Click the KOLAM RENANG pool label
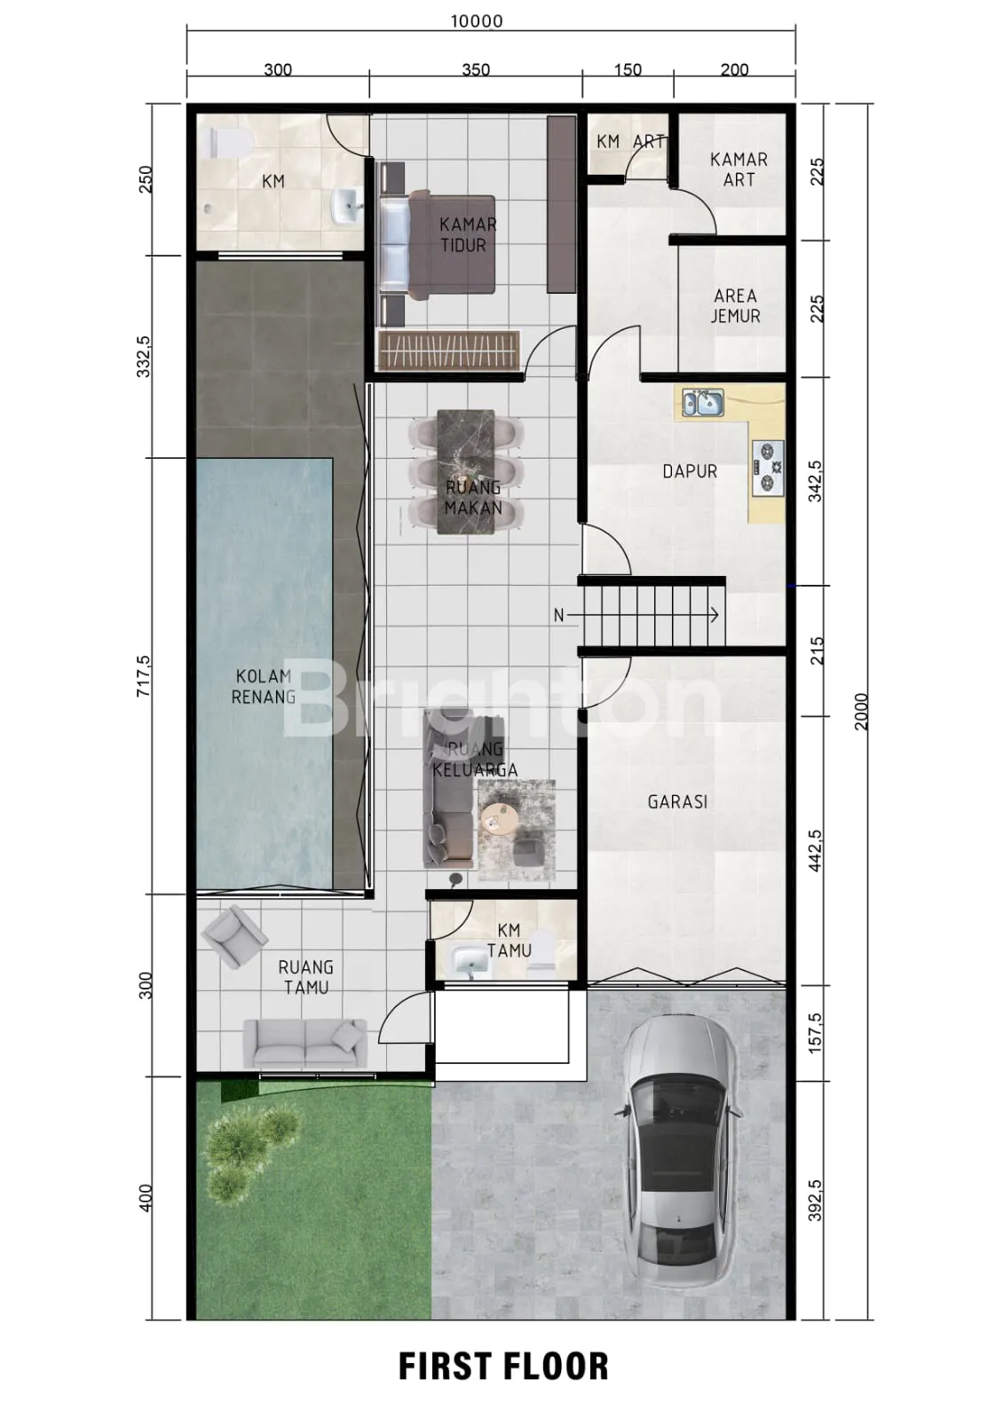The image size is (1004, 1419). [x=263, y=688]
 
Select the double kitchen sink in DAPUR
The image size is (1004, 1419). [x=703, y=403]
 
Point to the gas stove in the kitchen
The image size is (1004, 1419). [x=768, y=469]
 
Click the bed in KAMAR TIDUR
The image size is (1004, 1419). [x=438, y=245]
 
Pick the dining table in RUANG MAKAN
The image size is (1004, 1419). [x=466, y=472]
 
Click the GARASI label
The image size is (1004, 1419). [x=677, y=802]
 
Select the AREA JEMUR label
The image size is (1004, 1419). [x=735, y=306]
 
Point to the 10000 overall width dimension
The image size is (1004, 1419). [x=477, y=21]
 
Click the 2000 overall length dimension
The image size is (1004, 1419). [x=861, y=712]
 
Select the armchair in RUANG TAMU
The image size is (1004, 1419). [x=233, y=936]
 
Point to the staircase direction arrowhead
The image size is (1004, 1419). [x=715, y=614]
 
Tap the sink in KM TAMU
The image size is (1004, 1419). [x=470, y=959]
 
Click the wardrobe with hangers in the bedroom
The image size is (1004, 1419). [x=449, y=350]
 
